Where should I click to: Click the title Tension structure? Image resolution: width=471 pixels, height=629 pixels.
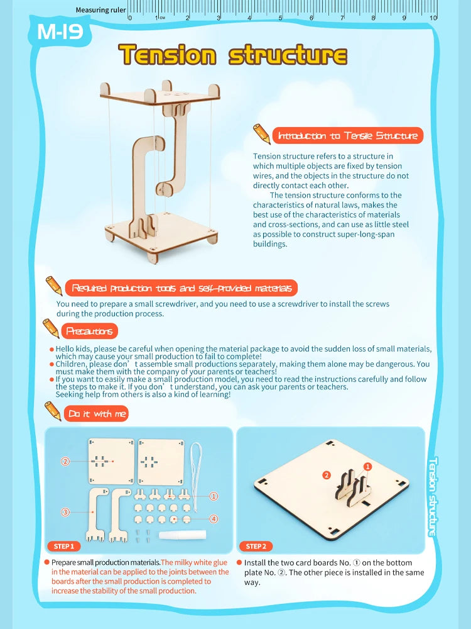(x=232, y=55)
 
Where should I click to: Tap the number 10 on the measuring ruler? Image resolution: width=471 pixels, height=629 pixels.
(x=433, y=18)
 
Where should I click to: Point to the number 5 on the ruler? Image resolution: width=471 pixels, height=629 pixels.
(x=281, y=18)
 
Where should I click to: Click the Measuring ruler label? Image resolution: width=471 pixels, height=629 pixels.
(x=100, y=10)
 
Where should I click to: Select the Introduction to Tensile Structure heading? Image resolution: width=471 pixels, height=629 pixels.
(x=347, y=136)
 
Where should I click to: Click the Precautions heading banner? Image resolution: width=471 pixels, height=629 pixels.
(x=90, y=331)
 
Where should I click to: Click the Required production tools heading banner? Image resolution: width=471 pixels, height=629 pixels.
(x=181, y=288)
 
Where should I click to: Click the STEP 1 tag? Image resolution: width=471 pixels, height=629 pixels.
(x=63, y=546)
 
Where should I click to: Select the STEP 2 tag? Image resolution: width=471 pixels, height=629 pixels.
(x=256, y=546)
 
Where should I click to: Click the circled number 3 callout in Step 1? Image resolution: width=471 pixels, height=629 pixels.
(x=65, y=513)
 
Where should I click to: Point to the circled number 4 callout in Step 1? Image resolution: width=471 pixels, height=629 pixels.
(x=214, y=519)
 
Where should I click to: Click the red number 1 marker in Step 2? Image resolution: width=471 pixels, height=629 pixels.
(x=369, y=467)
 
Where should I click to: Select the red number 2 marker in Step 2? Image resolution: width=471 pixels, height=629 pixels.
(x=326, y=475)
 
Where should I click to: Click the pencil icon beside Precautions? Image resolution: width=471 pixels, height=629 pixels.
(x=50, y=327)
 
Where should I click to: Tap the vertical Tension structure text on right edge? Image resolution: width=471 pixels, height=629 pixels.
(x=432, y=497)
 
